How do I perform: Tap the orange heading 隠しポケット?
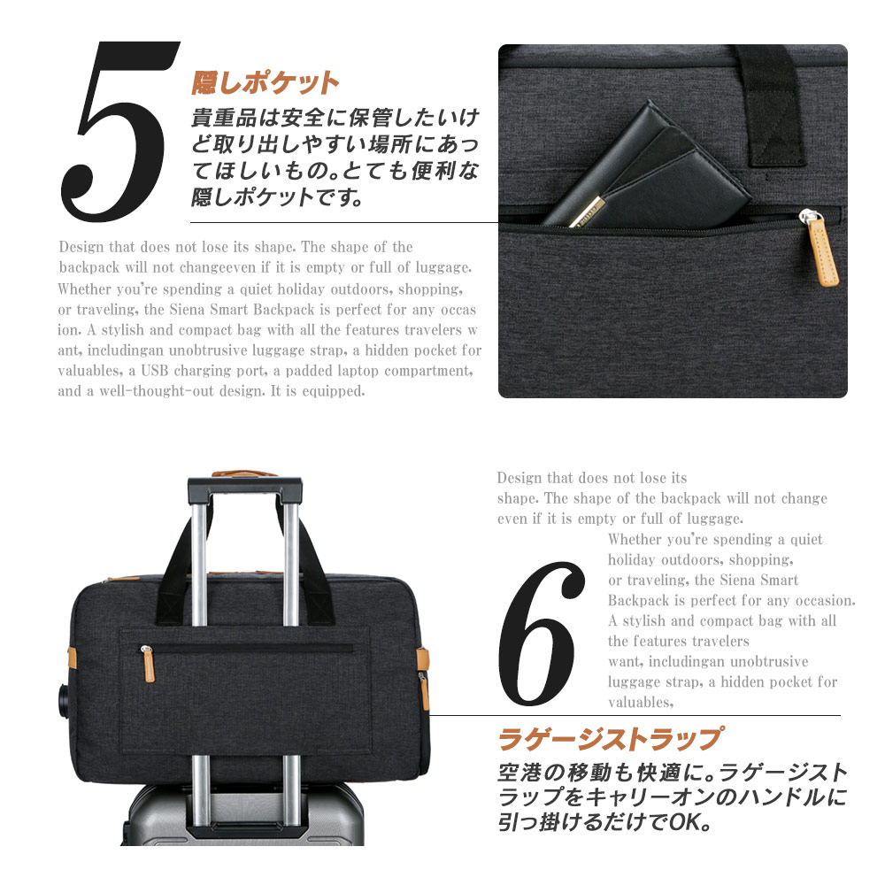pos(265,83)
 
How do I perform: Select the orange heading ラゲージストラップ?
pos(610,739)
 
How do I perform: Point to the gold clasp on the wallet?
pos(587,212)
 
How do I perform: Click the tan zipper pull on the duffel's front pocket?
pos(147,664)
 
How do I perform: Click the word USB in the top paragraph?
pos(155,371)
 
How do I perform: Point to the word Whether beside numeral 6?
pos(635,540)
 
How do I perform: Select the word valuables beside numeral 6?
pos(641,702)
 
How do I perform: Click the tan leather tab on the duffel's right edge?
pos(423,658)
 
